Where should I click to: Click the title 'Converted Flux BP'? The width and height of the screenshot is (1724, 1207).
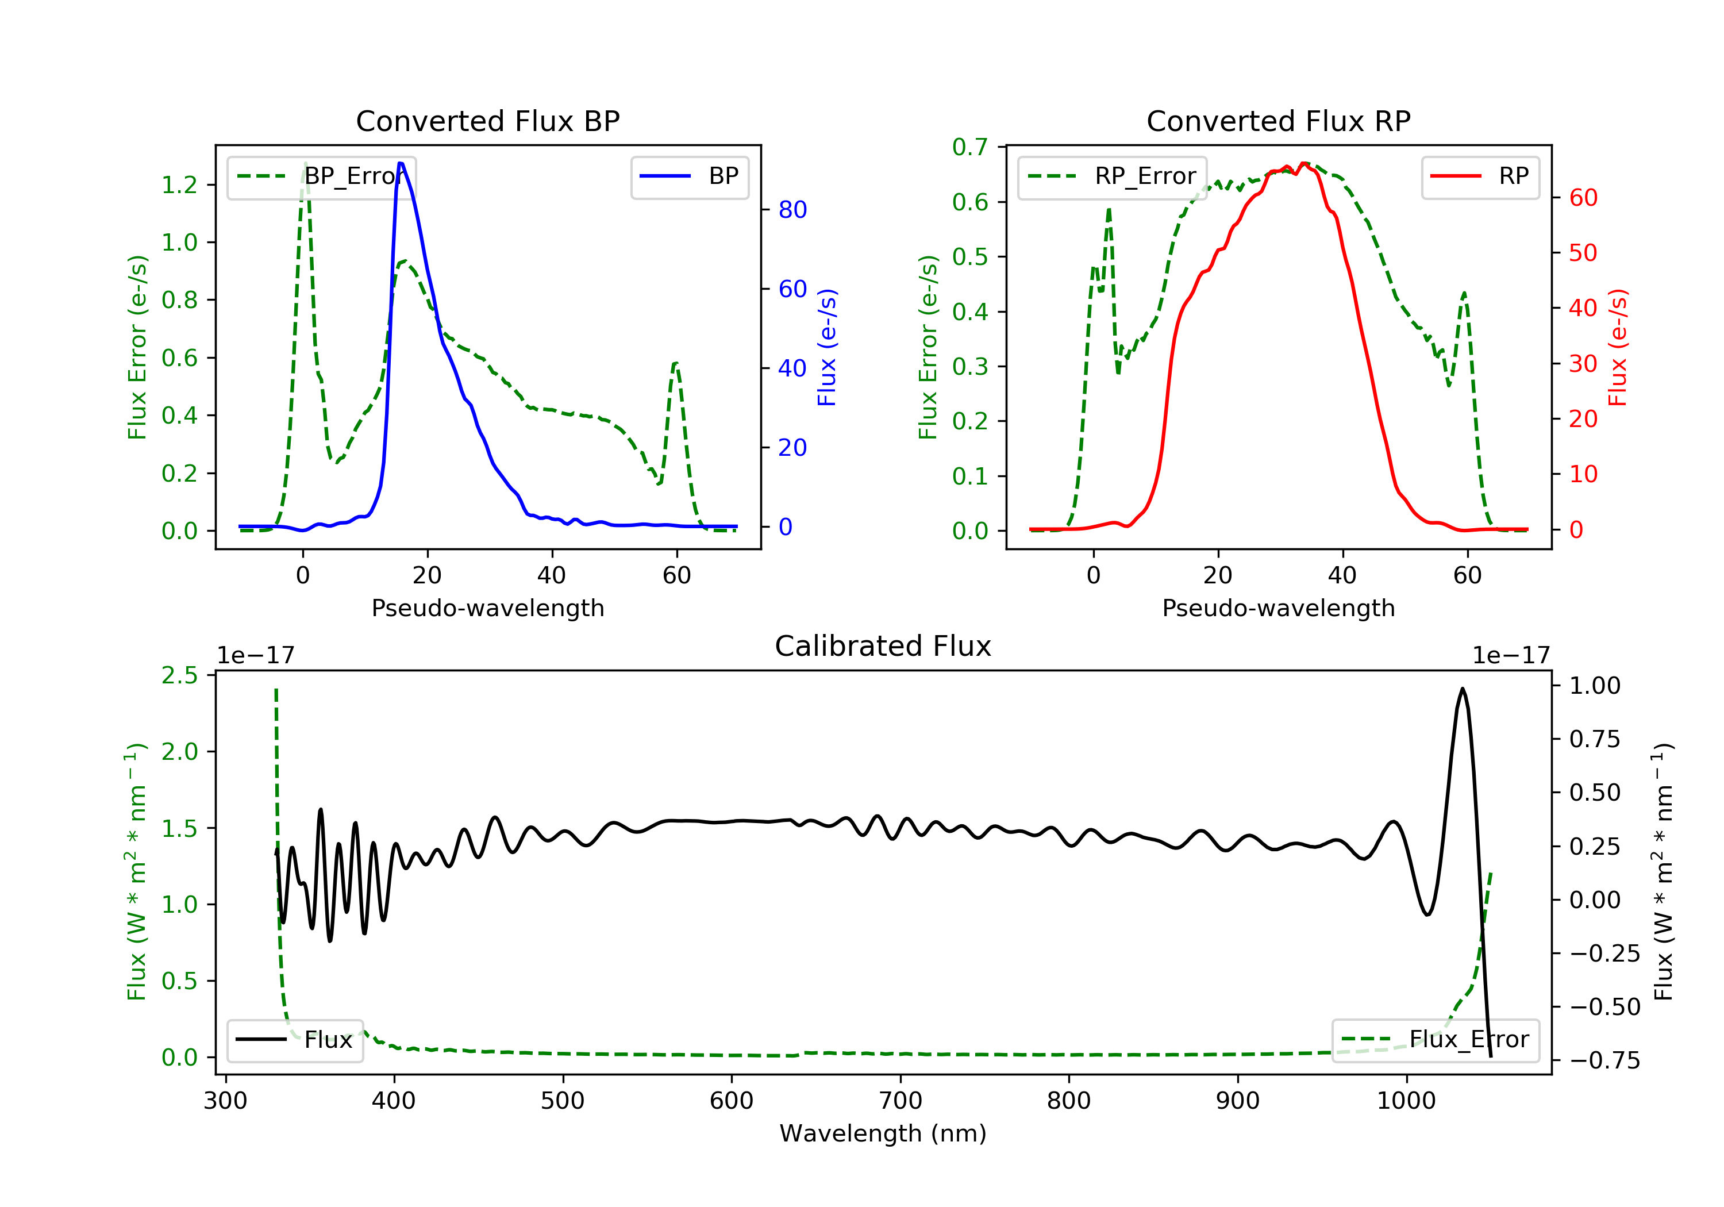coord(488,121)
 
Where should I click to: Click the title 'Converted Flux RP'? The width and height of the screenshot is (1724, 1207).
coord(1279,121)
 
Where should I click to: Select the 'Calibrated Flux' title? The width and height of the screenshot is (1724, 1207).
coord(883,646)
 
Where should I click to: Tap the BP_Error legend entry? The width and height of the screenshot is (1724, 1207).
coord(321,176)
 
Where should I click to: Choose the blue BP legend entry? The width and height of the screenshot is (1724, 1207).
coord(689,176)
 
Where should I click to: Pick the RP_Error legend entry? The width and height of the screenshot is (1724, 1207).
coord(1112,176)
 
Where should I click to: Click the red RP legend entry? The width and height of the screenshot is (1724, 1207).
coord(1480,176)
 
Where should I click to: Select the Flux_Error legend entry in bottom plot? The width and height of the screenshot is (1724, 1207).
coord(1435,1040)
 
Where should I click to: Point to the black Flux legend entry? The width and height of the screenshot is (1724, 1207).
coord(294,1040)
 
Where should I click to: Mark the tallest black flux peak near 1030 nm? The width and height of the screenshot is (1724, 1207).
coord(1462,688)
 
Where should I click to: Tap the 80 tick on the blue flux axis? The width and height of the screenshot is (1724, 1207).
coord(792,210)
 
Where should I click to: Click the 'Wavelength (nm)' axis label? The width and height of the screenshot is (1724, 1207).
coord(883,1133)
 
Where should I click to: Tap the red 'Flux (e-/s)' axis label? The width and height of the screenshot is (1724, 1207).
coord(1617,347)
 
